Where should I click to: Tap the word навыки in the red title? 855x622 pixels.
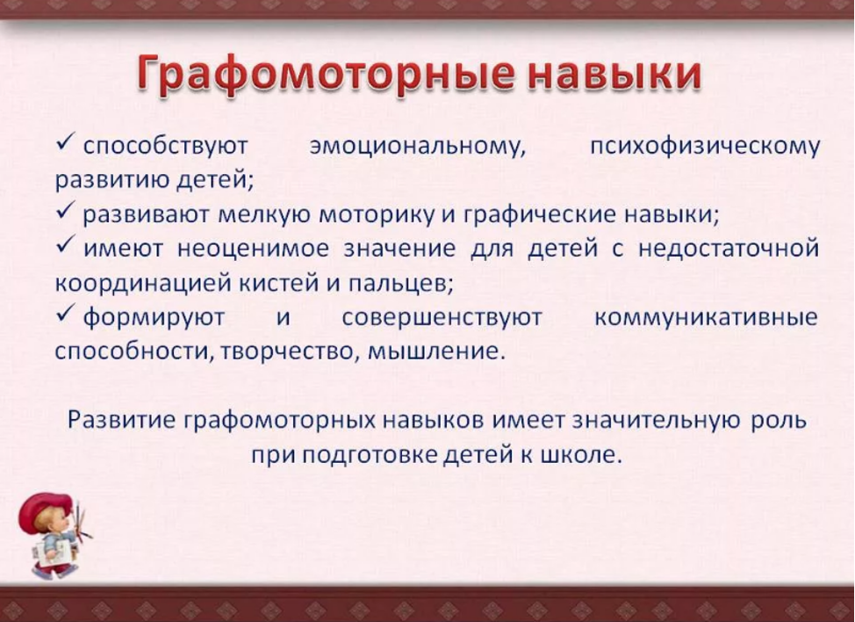[614, 74]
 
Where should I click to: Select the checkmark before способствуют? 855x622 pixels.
[65, 145]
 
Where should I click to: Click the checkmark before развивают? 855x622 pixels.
[65, 213]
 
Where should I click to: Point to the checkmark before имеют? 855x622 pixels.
[65, 247]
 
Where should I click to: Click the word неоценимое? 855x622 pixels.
[254, 250]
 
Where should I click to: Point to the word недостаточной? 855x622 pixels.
[729, 250]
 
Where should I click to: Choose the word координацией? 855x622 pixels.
[143, 283]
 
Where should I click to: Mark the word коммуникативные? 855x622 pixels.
[706, 317]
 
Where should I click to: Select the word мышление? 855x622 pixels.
[434, 352]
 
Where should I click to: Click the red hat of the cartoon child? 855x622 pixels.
[45, 511]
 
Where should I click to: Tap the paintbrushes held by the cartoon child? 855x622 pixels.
[82, 521]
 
